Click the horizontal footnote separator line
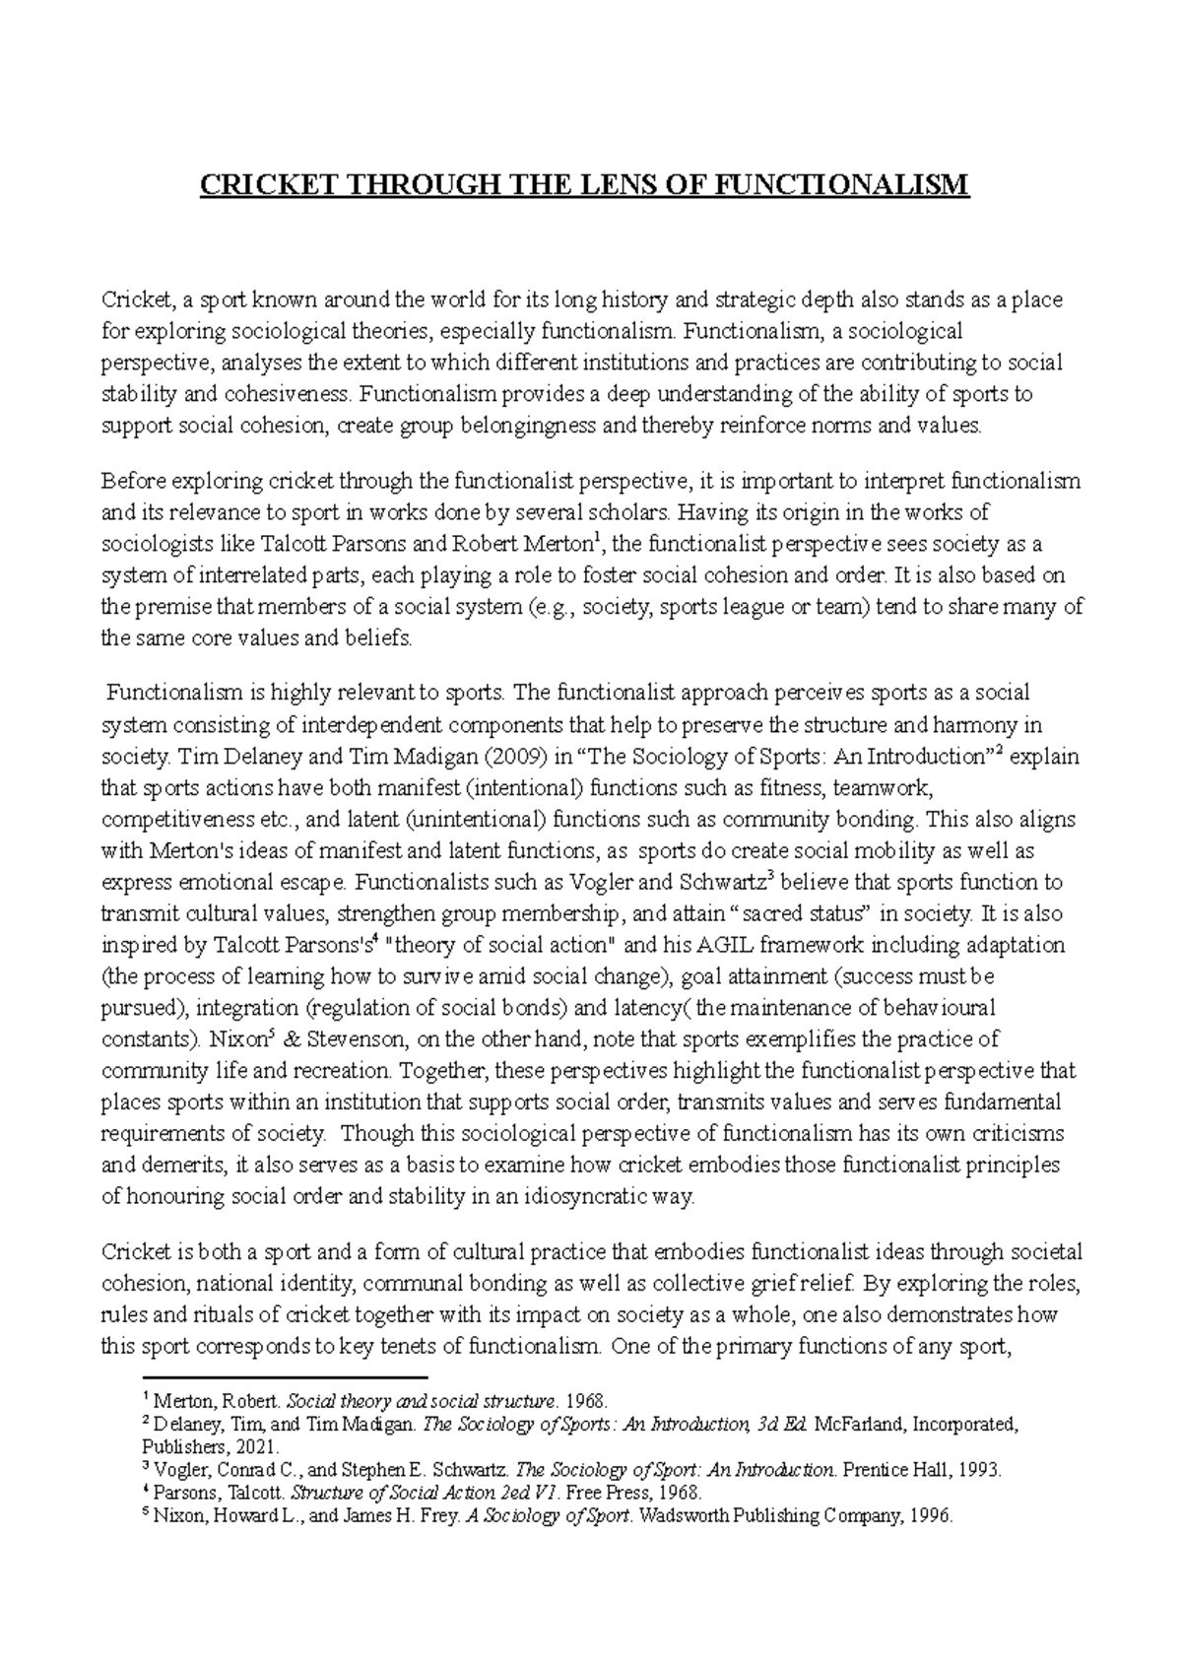click(x=285, y=1376)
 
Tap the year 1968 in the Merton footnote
click(x=587, y=1400)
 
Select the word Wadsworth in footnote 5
click(x=686, y=1516)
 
